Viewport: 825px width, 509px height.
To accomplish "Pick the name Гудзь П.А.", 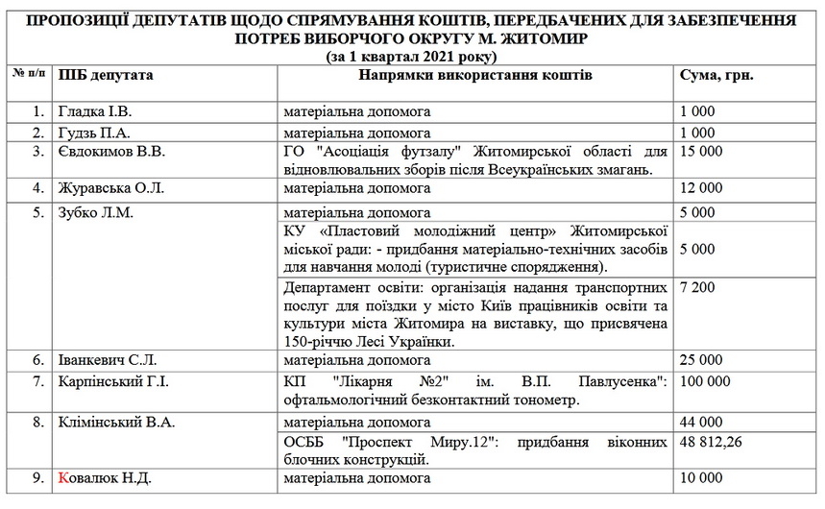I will pyautogui.click(x=94, y=133).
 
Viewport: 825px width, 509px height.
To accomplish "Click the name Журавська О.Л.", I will pyautogui.click(x=111, y=188).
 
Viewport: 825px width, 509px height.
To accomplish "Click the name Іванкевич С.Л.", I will pyautogui.click(x=109, y=360).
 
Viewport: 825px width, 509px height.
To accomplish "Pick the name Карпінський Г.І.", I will pyautogui.click(x=113, y=381).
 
